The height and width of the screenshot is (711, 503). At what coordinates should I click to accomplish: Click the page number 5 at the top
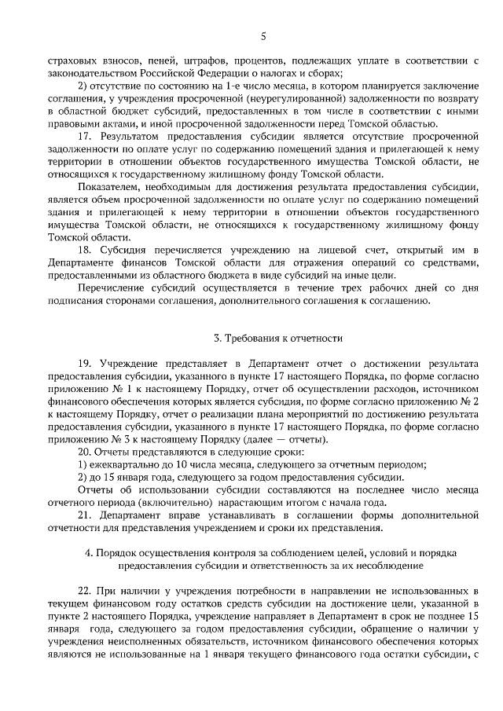click(264, 35)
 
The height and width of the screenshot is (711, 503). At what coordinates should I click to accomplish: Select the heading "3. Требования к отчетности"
click(279, 339)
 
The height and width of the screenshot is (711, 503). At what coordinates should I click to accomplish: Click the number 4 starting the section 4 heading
click(89, 552)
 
